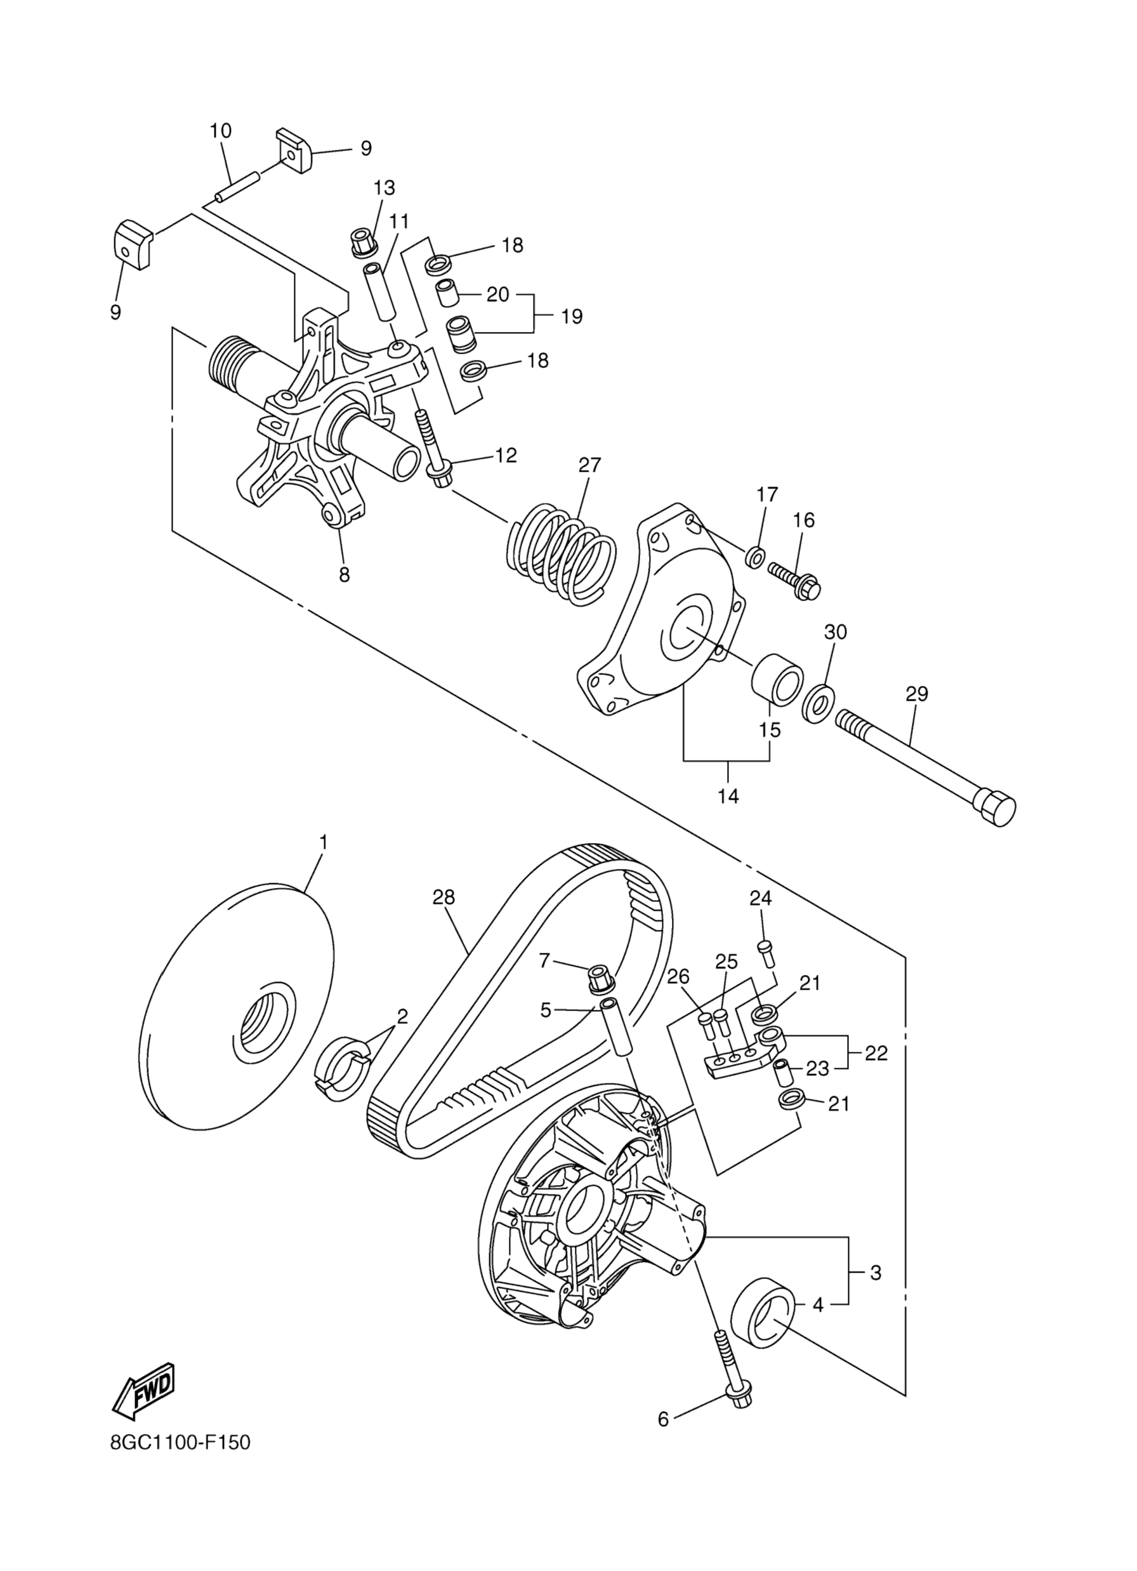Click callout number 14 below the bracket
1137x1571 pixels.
coord(728,797)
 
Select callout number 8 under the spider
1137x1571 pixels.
coord(344,574)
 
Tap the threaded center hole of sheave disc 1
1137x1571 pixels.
coord(266,1026)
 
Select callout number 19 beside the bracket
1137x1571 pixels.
coord(572,317)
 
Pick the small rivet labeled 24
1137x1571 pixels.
coord(766,953)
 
